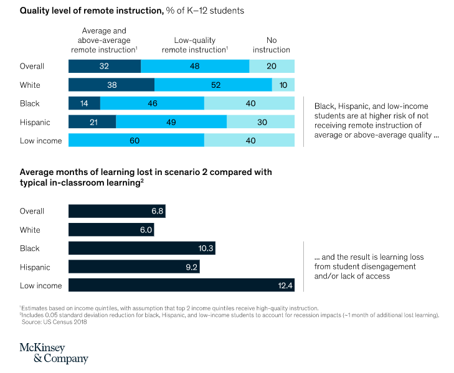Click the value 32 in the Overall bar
(104, 67)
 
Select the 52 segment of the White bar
(213, 85)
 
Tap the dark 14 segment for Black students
(84, 104)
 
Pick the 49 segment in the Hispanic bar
(171, 123)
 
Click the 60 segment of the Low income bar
(136, 141)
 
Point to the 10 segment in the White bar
(283, 85)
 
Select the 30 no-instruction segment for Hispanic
(260, 123)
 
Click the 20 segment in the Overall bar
(272, 67)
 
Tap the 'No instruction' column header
(271, 44)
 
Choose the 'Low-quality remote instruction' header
(194, 44)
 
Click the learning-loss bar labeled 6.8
(116, 211)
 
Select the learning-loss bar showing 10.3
(141, 248)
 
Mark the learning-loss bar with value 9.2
(134, 267)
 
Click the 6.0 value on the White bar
(146, 230)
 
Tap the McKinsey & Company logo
(54, 352)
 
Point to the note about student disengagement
(359, 267)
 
